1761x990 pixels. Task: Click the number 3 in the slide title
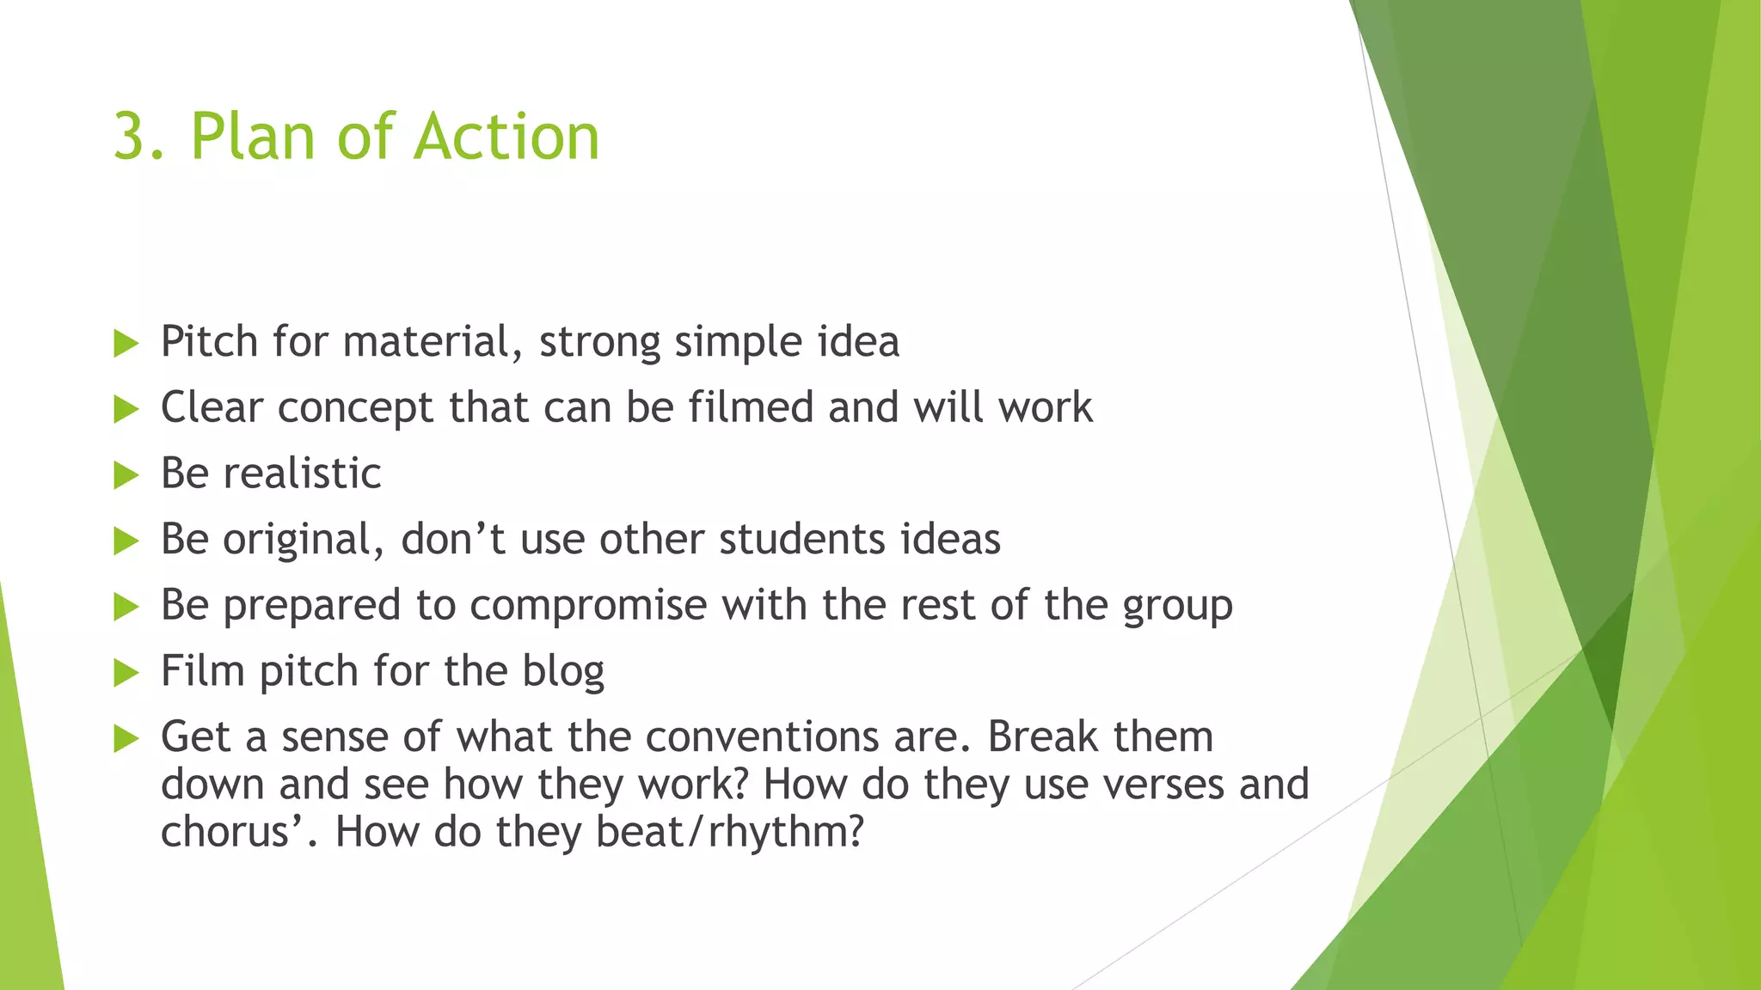130,137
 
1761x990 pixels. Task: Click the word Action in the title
506,137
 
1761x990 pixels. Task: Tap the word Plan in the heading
254,137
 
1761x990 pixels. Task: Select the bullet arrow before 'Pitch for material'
126,344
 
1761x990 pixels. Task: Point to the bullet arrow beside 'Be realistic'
126,475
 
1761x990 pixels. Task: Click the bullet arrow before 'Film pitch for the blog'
126,673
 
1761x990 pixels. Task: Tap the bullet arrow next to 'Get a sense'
126,739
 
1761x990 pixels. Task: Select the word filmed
751,407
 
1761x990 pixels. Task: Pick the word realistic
302,474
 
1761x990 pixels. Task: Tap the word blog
563,672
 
